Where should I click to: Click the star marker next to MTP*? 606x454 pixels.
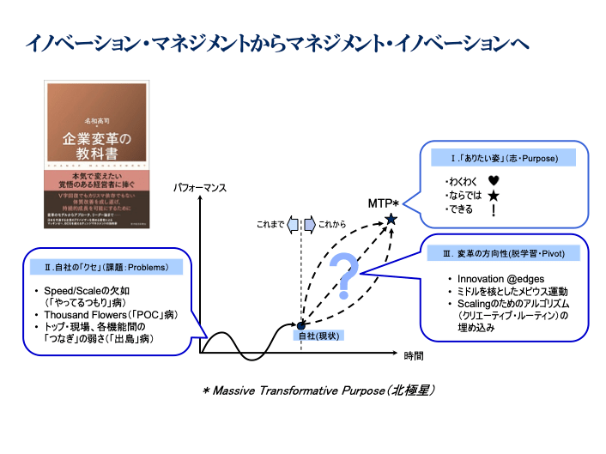pyautogui.click(x=391, y=220)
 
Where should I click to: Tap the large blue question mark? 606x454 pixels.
pyautogui.click(x=343, y=274)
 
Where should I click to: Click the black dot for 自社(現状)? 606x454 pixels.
pyautogui.click(x=300, y=324)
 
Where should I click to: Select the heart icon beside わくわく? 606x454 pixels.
pyautogui.click(x=493, y=181)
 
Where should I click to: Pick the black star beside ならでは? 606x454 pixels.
pyautogui.click(x=493, y=196)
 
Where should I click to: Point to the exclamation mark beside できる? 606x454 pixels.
pyautogui.click(x=493, y=209)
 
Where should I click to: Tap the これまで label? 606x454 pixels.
pyautogui.click(x=271, y=225)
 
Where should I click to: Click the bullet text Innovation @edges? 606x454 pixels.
pyautogui.click(x=497, y=280)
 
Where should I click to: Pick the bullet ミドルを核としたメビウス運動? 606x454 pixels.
pyautogui.click(x=508, y=293)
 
